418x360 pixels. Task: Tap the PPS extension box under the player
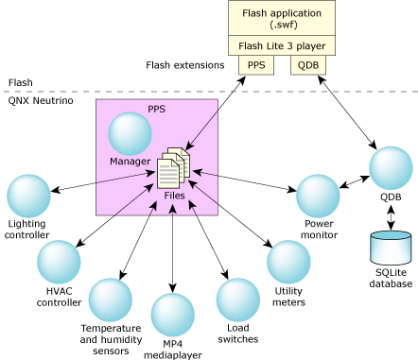click(x=256, y=65)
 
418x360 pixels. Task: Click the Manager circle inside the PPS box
click(x=131, y=135)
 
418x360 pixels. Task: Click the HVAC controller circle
click(x=60, y=264)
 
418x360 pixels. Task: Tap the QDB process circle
click(x=391, y=169)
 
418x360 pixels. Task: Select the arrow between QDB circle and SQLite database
click(x=391, y=215)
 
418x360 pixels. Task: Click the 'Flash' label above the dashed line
click(x=20, y=83)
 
